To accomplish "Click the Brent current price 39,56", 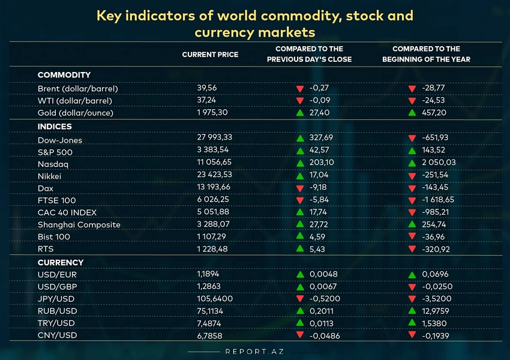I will pos(206,88).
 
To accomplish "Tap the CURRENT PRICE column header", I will pos(210,55).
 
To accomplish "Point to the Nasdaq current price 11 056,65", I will pos(214,163).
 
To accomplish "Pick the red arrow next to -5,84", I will pos(300,200).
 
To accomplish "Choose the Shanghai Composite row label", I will pos(79,224).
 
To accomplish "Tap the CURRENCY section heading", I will pos(60,262).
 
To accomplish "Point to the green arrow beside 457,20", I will pos(412,113).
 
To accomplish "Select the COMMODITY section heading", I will pos(64,75).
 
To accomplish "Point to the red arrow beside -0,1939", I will pos(412,335).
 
